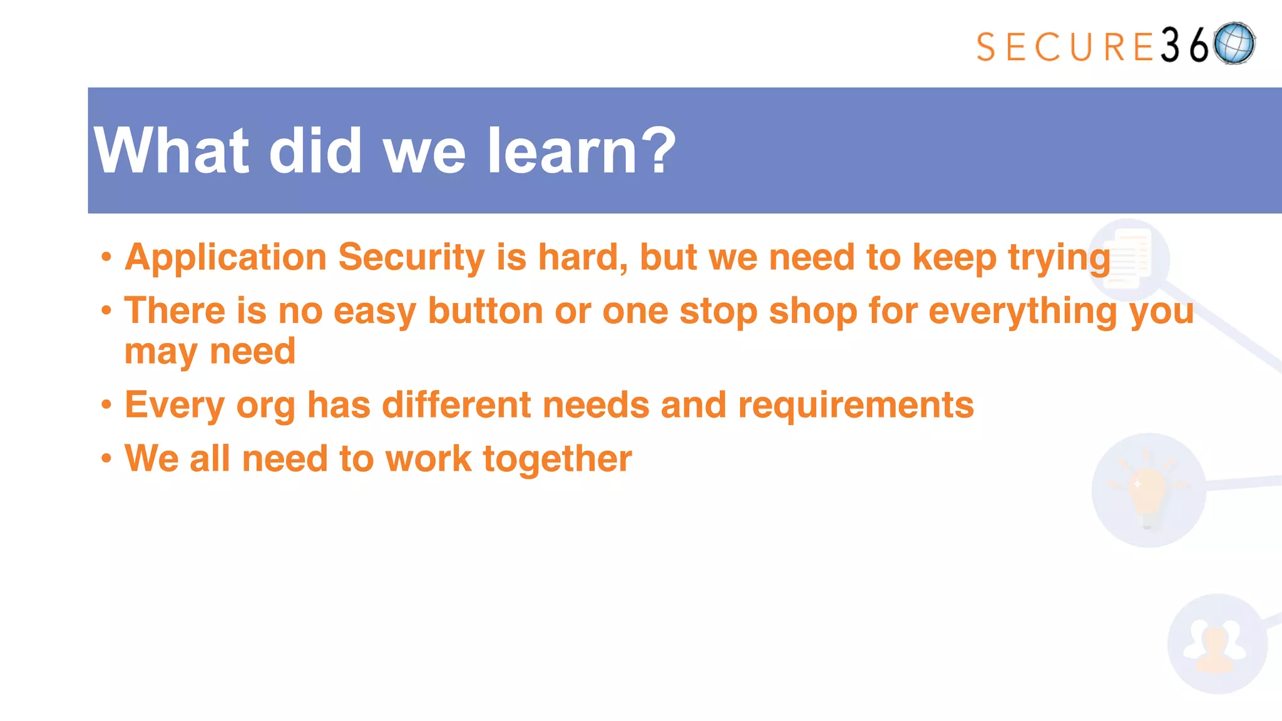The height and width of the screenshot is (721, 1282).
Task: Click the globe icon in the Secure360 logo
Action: click(x=1234, y=43)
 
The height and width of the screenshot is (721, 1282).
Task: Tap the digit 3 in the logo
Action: click(x=1170, y=45)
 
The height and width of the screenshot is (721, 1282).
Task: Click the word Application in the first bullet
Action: click(x=225, y=257)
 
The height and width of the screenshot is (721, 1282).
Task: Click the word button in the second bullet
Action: click(x=485, y=311)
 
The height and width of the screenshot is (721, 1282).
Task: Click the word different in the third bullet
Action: click(x=456, y=405)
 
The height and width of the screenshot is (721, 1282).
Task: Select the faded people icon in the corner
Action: click(x=1216, y=645)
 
